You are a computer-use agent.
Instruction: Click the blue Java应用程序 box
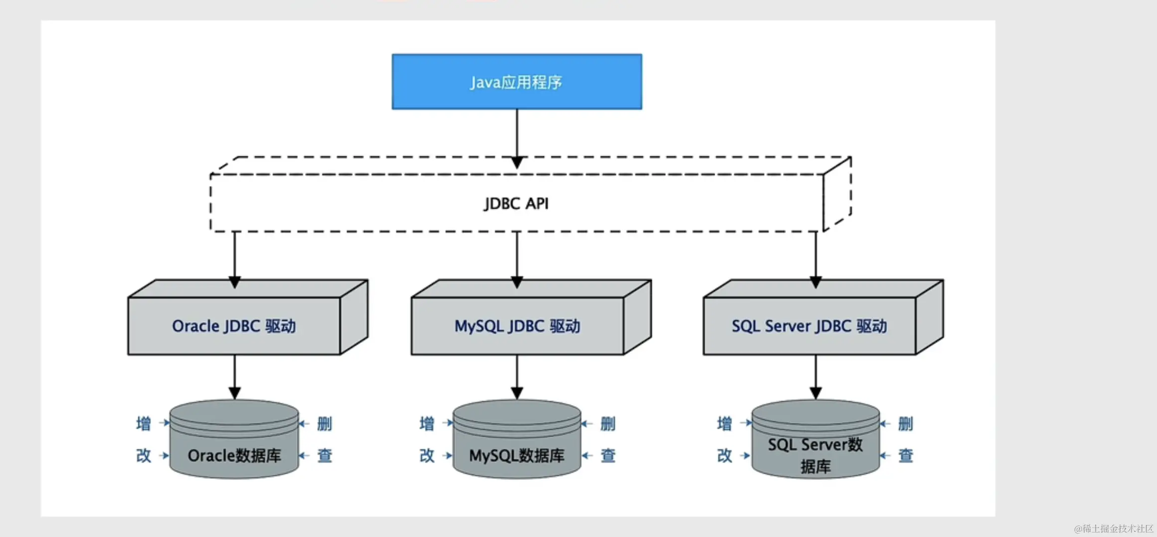(517, 82)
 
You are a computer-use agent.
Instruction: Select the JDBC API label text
(516, 204)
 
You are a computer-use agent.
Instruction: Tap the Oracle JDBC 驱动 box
(234, 326)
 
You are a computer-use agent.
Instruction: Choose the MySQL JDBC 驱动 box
(517, 326)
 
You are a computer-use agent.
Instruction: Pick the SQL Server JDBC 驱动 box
(809, 326)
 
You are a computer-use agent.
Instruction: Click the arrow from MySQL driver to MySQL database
(517, 377)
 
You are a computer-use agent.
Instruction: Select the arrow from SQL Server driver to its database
(816, 377)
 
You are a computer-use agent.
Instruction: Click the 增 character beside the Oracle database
(144, 424)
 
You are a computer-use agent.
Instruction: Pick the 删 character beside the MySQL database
(608, 424)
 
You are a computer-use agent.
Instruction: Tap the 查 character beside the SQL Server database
(906, 455)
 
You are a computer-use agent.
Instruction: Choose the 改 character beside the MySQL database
(427, 455)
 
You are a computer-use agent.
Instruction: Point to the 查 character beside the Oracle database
(325, 455)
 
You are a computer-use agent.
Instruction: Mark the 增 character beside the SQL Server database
(725, 424)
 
